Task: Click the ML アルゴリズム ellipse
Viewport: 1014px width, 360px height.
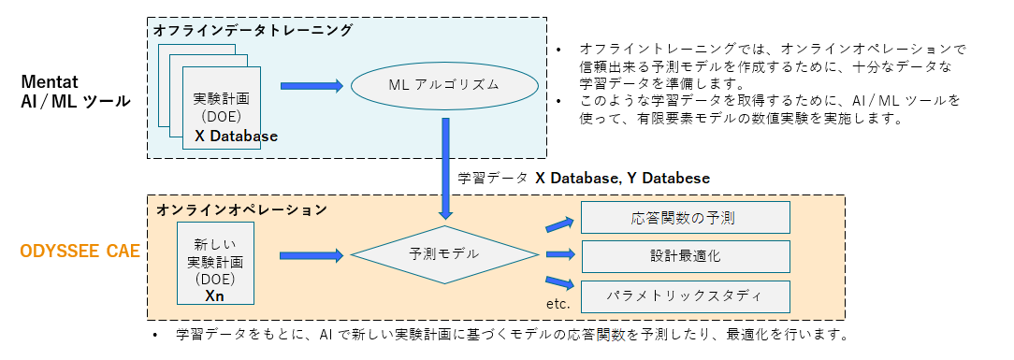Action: click(x=443, y=86)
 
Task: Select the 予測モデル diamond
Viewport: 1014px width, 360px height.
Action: click(x=443, y=254)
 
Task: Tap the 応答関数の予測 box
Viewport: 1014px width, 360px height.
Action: click(x=686, y=218)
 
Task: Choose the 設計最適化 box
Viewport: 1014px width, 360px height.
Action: click(x=686, y=254)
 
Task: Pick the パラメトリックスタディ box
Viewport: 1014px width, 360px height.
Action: click(x=686, y=296)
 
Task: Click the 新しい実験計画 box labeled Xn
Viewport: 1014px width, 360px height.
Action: click(x=214, y=263)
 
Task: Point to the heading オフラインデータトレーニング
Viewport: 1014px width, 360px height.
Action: click(x=253, y=30)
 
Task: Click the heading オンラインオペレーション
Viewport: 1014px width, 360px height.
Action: click(x=241, y=209)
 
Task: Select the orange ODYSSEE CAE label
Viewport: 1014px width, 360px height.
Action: click(x=80, y=251)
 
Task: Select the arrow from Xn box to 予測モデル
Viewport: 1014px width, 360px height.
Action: click(x=311, y=254)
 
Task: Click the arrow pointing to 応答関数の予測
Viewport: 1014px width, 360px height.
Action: click(x=558, y=224)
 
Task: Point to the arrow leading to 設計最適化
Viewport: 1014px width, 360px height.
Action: click(x=558, y=254)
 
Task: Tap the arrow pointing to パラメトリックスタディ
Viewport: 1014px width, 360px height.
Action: click(x=558, y=282)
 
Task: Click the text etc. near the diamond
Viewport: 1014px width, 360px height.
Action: click(x=558, y=304)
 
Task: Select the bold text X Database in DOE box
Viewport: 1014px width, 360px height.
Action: click(x=236, y=137)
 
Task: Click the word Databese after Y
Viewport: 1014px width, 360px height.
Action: click(x=677, y=178)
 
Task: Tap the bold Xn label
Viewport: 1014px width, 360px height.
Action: click(x=214, y=295)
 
